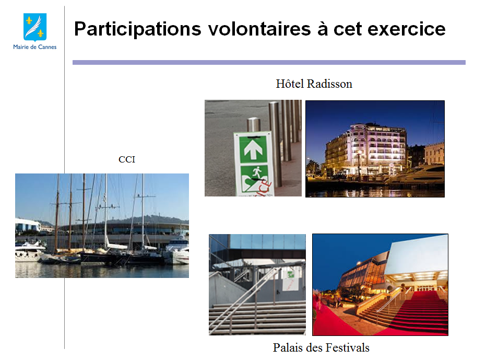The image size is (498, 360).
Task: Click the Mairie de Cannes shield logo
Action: [x=35, y=27]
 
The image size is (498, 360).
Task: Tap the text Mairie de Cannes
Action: [x=35, y=47]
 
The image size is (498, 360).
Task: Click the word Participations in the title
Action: [x=137, y=30]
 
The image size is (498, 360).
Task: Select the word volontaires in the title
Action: [x=259, y=29]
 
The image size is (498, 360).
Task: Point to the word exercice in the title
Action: [x=407, y=29]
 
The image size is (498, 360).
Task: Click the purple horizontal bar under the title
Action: [x=269, y=63]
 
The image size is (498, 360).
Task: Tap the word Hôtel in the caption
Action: [x=290, y=84]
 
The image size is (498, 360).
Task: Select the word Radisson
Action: [x=330, y=84]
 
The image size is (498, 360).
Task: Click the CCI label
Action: [x=127, y=159]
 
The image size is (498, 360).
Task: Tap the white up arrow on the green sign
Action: [x=253, y=150]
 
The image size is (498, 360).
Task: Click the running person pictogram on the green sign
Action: [x=257, y=173]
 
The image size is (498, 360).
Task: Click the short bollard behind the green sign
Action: [x=254, y=125]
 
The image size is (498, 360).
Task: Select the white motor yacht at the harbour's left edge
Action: [x=29, y=251]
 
